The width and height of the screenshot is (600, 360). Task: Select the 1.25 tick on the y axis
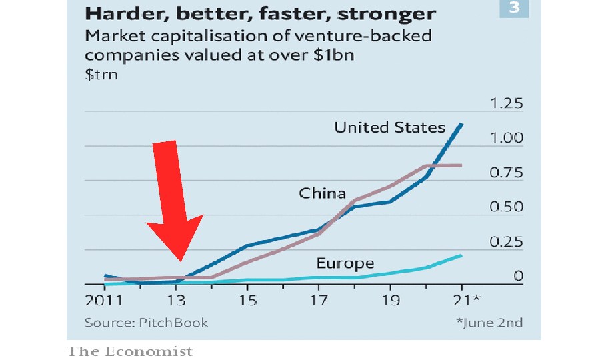click(x=507, y=104)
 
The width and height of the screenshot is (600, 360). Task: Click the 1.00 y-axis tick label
click(x=507, y=139)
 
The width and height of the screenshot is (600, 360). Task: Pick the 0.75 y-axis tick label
click(x=507, y=173)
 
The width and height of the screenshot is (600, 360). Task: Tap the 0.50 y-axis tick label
click(x=507, y=207)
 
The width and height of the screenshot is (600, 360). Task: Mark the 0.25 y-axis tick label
click(x=507, y=242)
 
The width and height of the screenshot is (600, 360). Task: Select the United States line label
click(x=389, y=127)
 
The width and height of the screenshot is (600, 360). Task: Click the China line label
click(x=322, y=194)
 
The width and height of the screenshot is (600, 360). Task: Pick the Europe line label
click(x=345, y=263)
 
